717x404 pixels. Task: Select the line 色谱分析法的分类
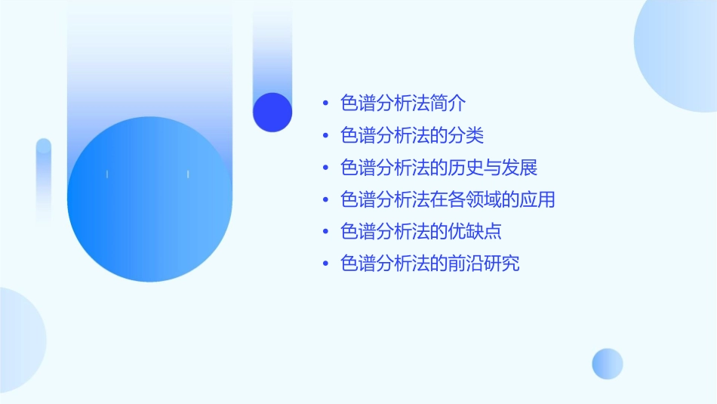(412, 136)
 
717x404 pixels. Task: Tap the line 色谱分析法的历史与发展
(439, 168)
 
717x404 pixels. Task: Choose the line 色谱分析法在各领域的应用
(448, 200)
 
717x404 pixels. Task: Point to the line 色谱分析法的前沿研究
(430, 264)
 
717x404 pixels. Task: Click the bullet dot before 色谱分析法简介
(325, 104)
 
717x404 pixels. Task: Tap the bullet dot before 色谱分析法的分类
(325, 137)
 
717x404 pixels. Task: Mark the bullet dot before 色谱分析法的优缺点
(325, 233)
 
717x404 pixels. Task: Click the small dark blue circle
(272, 112)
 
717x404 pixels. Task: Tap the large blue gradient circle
(149, 199)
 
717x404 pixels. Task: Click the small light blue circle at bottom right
(608, 363)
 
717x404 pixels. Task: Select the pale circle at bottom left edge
(19, 340)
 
